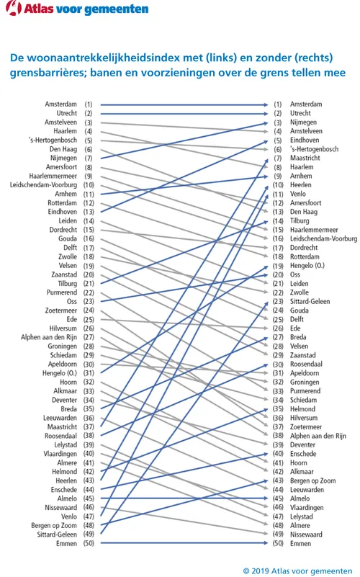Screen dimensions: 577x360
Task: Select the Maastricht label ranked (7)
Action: click(305, 158)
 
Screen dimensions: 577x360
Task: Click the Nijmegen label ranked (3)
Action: click(304, 122)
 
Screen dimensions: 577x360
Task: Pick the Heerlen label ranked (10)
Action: click(302, 185)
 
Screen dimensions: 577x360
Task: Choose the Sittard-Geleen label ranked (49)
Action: click(55, 534)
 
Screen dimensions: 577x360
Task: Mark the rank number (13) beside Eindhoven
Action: click(89, 212)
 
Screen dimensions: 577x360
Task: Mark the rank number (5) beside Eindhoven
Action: click(277, 140)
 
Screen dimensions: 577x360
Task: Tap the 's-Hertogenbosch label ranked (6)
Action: click(315, 149)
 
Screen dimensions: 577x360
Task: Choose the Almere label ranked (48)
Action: click(300, 525)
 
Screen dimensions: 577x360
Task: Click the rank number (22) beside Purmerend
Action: click(89, 292)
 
